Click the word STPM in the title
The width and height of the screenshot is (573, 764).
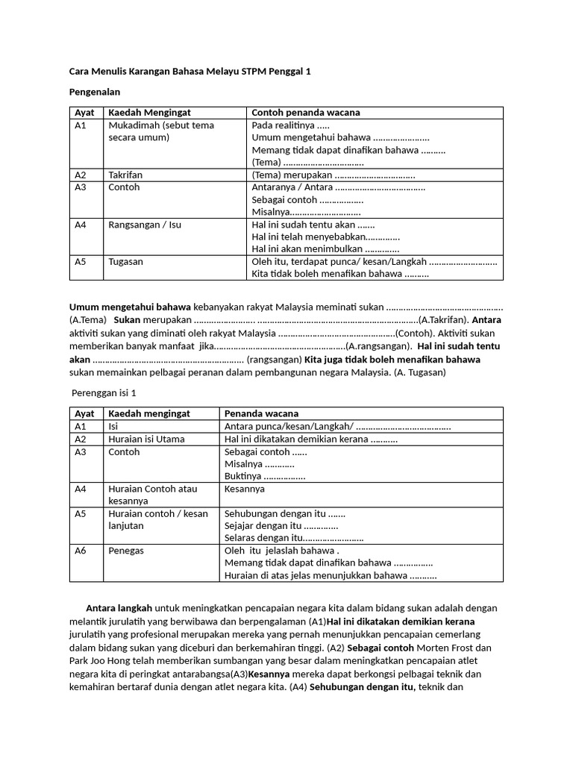(251, 72)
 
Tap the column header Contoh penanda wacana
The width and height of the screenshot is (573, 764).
(305, 113)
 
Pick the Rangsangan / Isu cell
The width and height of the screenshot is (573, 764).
(144, 224)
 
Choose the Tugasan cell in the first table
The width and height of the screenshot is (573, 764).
(125, 261)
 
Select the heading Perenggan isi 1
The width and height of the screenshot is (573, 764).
(104, 392)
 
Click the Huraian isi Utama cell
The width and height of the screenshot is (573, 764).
(146, 439)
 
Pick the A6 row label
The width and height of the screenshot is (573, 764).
(81, 551)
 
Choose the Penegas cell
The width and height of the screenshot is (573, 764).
(125, 551)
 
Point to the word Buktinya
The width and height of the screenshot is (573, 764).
(242, 476)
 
